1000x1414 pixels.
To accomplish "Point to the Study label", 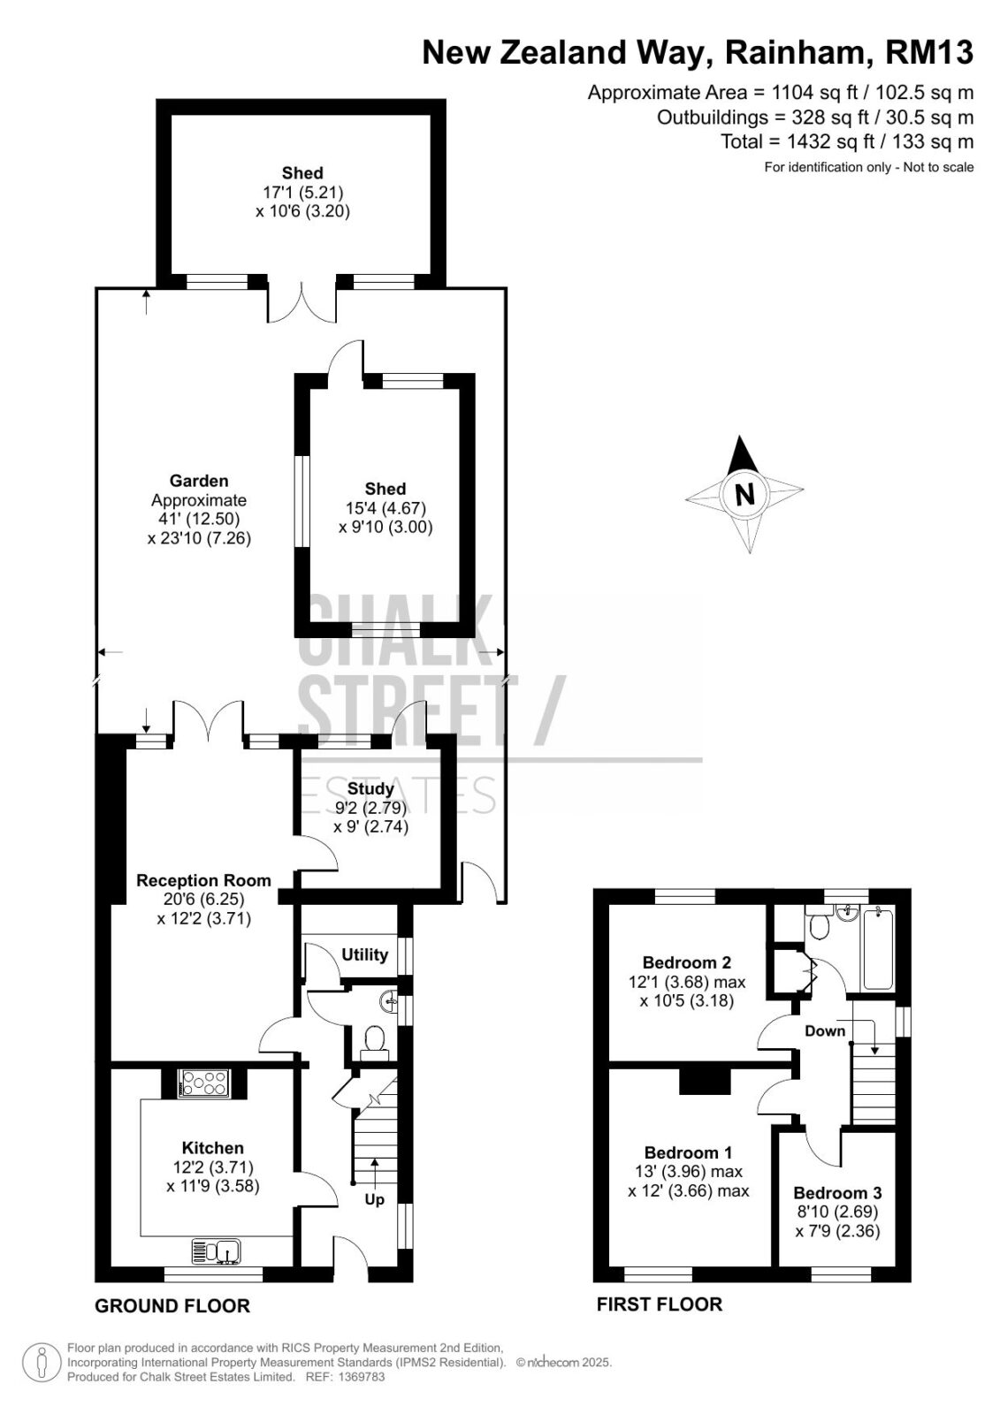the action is pos(370,789).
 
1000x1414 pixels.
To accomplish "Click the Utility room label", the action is pos(364,954).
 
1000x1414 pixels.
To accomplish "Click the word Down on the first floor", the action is pos(824,1030).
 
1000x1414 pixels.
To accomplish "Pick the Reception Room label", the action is pos(203,880).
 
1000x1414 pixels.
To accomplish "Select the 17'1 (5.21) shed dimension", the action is pos(302,192).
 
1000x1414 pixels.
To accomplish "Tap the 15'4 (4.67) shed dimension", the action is pos(385,507).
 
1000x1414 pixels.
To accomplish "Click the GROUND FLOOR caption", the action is pos(172,1305).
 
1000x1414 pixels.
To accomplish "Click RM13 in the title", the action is pos(929,53).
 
